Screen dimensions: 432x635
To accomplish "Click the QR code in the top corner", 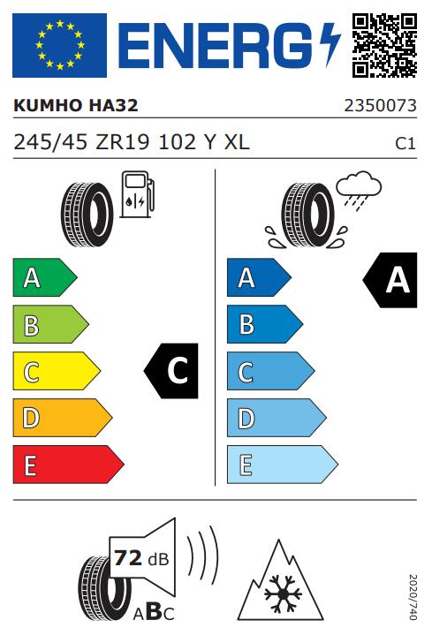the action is click(384, 45).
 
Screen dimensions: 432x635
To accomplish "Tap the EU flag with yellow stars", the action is click(59, 45).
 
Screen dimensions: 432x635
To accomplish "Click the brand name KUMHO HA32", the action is click(76, 105).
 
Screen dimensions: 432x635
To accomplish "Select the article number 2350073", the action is click(380, 106).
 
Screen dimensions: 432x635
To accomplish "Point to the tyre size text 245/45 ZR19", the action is click(81, 142).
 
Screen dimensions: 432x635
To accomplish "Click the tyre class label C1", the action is click(405, 144).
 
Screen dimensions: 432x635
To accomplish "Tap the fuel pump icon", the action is click(138, 195).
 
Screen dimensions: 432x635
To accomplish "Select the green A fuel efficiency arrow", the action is click(45, 277).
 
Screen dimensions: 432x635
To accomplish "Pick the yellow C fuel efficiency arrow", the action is click(57, 371).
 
